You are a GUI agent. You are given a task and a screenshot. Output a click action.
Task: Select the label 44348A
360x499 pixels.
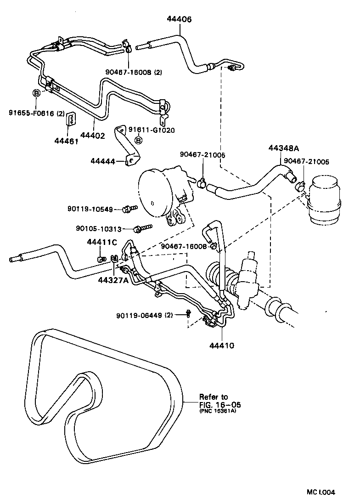click(283, 148)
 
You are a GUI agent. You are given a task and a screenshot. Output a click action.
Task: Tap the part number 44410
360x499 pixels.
click(222, 345)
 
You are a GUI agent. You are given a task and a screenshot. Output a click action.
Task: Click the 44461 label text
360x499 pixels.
click(67, 141)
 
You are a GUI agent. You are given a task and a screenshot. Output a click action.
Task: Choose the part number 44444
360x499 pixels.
click(103, 161)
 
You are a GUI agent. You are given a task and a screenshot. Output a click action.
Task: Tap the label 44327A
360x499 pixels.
click(113, 280)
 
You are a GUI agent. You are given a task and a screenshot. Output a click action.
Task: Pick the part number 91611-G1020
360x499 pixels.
click(151, 130)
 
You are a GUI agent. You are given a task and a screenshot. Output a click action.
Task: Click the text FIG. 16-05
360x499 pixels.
click(219, 405)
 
